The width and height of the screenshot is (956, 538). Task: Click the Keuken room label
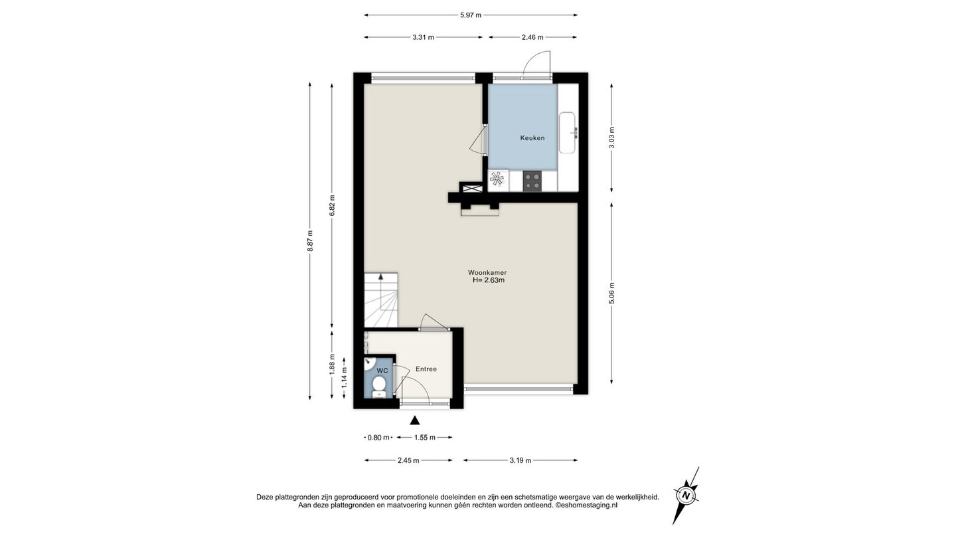click(x=532, y=138)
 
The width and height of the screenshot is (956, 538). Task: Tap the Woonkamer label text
click(x=487, y=272)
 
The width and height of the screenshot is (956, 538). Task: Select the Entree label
click(x=426, y=369)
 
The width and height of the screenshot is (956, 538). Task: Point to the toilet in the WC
click(x=378, y=387)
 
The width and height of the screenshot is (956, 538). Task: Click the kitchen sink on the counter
click(x=568, y=133)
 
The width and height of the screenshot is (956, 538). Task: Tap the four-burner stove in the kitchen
click(x=532, y=181)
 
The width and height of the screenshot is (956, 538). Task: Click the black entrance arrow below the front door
click(x=414, y=420)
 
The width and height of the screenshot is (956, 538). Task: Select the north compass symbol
click(x=686, y=495)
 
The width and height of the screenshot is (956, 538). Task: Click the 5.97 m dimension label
click(x=470, y=15)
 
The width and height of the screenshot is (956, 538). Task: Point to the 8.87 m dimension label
click(x=310, y=241)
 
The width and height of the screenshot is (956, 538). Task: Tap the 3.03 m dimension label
click(x=611, y=138)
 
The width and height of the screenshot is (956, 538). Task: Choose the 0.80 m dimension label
click(x=378, y=437)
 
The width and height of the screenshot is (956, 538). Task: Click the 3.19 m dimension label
click(x=520, y=460)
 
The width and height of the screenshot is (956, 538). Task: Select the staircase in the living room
click(x=380, y=300)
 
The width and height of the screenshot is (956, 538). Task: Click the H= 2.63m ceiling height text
click(x=488, y=280)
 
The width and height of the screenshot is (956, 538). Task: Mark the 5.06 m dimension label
click(x=611, y=294)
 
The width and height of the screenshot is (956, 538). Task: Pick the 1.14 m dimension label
click(x=344, y=378)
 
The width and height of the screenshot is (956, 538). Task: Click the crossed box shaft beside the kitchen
click(x=471, y=187)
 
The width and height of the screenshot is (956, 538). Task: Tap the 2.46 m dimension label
click(x=532, y=37)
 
